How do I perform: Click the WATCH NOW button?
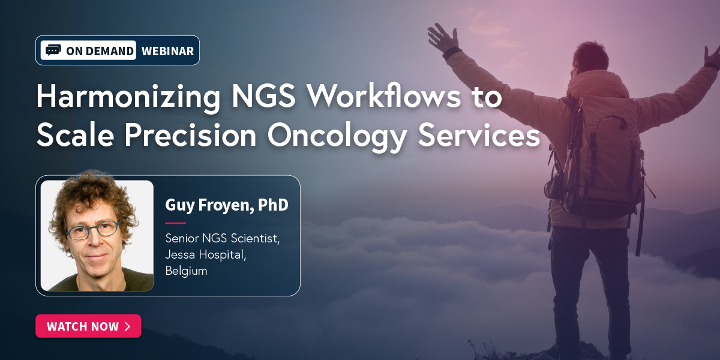pyautogui.click(x=88, y=326)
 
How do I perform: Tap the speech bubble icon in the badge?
pyautogui.click(x=53, y=50)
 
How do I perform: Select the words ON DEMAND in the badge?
pyautogui.click(x=100, y=51)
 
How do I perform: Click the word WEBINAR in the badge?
pyautogui.click(x=167, y=51)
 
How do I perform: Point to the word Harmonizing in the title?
pyautogui.click(x=128, y=97)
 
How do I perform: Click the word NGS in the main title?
pyautogui.click(x=263, y=96)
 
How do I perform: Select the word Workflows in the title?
pyautogui.click(x=384, y=95)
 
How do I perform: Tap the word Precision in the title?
pyautogui.click(x=190, y=134)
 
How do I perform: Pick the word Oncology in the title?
pyautogui.click(x=337, y=137)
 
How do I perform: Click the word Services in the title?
pyautogui.click(x=479, y=135)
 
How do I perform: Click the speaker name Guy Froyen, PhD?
pyautogui.click(x=227, y=205)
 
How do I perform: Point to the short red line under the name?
pyautogui.click(x=175, y=223)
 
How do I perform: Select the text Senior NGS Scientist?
pyautogui.click(x=223, y=238)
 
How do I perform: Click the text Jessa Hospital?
pyautogui.click(x=206, y=254)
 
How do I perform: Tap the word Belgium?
pyautogui.click(x=186, y=271)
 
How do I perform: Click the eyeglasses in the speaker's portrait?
pyautogui.click(x=93, y=230)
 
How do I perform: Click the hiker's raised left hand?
pyautogui.click(x=443, y=37)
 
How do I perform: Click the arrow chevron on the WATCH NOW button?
pyautogui.click(x=128, y=326)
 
